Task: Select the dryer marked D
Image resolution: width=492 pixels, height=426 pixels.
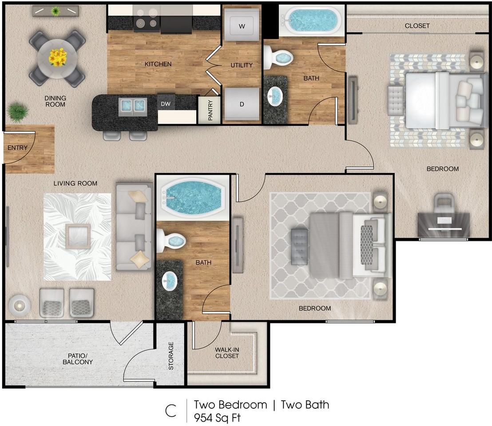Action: pos(242,104)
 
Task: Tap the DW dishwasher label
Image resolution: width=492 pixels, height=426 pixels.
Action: pos(166,104)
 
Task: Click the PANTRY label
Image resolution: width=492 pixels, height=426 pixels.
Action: pos(210,110)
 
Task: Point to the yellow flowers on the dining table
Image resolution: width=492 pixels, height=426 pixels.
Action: pos(58,57)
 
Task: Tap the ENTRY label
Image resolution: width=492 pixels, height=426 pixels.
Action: pos(18,148)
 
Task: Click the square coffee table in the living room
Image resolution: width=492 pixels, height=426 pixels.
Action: pos(78,236)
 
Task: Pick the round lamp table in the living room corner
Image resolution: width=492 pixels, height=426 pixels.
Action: pos(20,304)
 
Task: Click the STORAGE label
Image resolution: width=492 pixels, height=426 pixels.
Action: pos(171,356)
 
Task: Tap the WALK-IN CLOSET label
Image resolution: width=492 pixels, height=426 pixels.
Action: pos(227,353)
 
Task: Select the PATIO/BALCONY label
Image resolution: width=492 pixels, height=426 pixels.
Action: pos(78,359)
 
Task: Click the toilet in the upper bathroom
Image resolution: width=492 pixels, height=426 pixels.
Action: pos(278,58)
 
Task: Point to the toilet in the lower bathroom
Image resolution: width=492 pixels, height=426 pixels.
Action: pos(171,241)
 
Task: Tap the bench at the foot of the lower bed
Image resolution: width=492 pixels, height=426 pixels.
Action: pos(299,246)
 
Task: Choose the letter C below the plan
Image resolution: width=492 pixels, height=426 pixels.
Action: pos(171,411)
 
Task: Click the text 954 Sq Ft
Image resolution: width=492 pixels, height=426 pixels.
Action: pos(217,418)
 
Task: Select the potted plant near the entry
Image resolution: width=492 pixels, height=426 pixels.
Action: pos(18,111)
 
